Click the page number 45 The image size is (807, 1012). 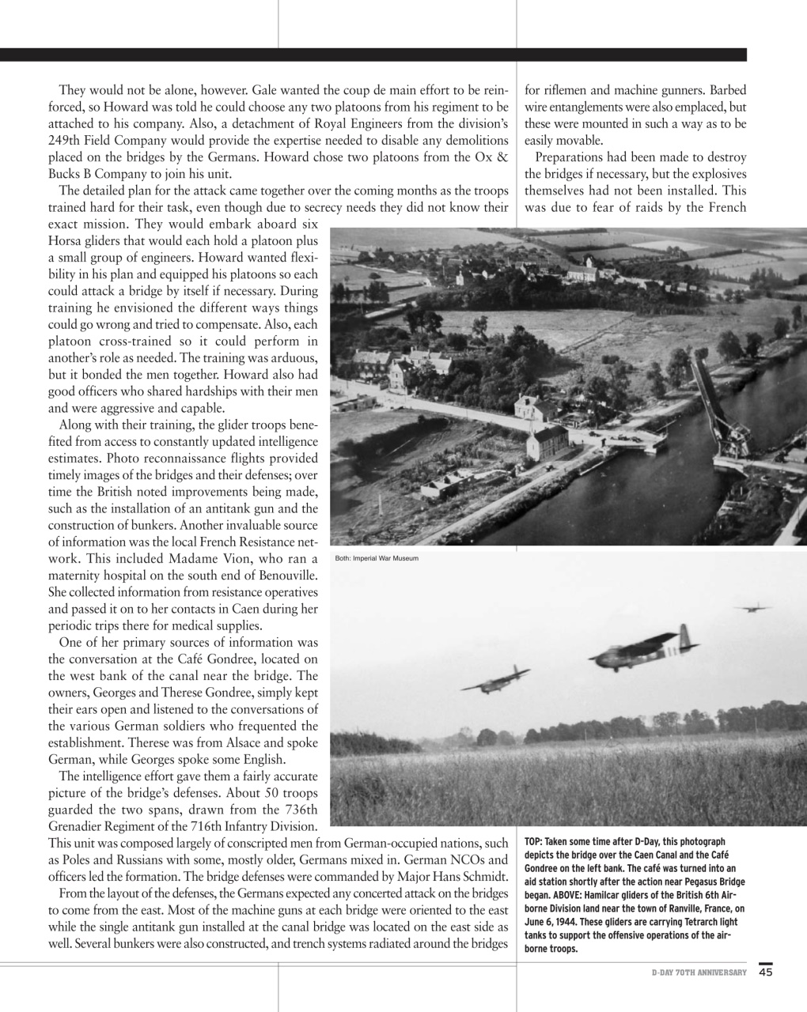(x=765, y=972)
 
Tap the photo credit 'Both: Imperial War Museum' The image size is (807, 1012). (x=377, y=559)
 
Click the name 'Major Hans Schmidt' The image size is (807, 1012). (x=453, y=876)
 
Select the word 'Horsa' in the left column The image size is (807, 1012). (x=65, y=240)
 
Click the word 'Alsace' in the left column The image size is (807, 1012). (x=237, y=743)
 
